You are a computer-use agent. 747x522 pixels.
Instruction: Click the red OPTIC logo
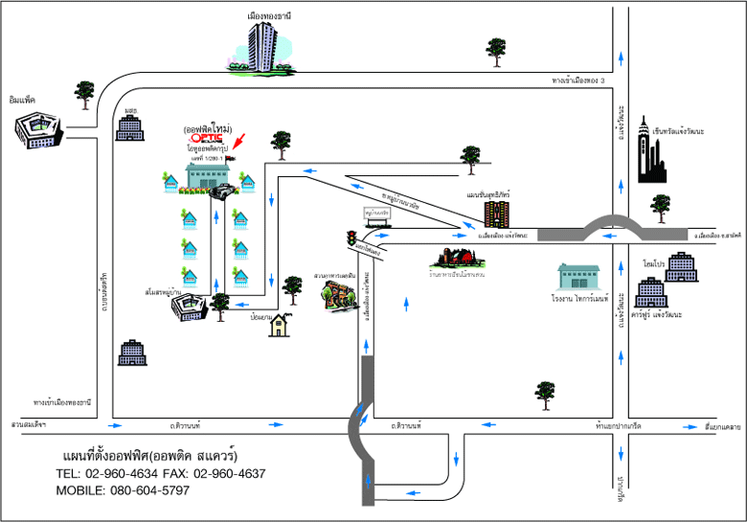pos(208,137)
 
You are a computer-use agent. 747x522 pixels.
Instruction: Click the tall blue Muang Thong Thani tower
pos(264,46)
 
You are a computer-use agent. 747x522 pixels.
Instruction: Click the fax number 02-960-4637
pos(229,473)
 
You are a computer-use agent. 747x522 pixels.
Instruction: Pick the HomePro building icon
pos(681,267)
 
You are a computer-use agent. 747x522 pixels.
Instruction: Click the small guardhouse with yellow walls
pos(280,326)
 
